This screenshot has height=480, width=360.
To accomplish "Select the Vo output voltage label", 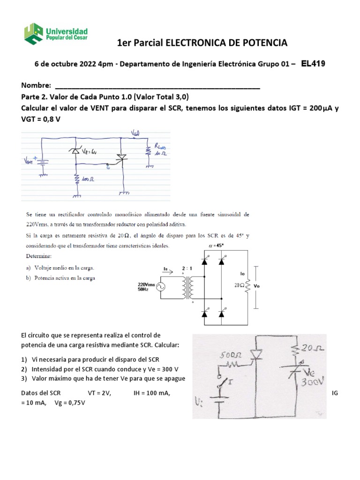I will click(262, 285).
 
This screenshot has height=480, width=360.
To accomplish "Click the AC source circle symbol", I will click(161, 287).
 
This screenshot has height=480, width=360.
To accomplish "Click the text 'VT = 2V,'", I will click(99, 393).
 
